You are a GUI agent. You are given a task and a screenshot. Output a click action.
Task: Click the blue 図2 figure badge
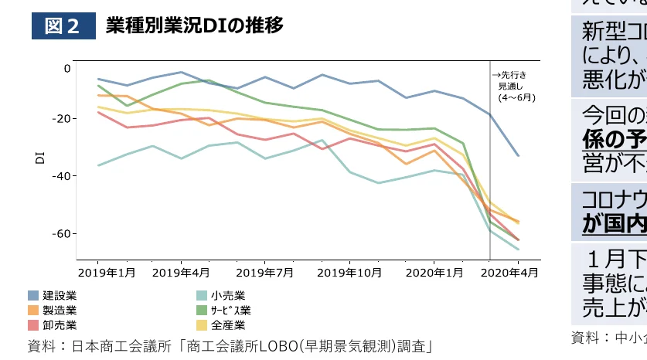coord(63,26)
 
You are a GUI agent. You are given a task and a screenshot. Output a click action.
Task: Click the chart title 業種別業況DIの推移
coord(194,26)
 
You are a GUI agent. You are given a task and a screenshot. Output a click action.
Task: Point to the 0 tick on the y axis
coord(67,69)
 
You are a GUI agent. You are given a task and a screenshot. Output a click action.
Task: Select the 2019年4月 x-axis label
coord(180,273)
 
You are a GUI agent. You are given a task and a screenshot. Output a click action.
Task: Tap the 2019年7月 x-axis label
coord(264,273)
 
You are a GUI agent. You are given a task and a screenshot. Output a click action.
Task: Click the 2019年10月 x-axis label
coord(349,273)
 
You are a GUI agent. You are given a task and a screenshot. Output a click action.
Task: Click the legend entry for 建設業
coord(60,295)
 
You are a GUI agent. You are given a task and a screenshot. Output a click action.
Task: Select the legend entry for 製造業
coord(60,310)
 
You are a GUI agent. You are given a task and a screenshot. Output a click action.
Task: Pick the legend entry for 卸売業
coord(60,324)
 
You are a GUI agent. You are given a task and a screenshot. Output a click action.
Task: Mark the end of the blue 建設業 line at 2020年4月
coord(518,156)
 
